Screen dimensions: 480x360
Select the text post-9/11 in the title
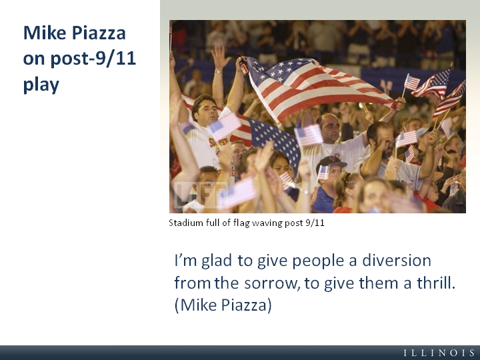click(93, 58)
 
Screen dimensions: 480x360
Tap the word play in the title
click(41, 85)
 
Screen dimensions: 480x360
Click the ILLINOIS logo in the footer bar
click(439, 353)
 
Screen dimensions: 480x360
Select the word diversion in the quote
click(397, 260)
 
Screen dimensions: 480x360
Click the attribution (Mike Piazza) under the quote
click(223, 305)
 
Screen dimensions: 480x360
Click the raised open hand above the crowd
click(220, 57)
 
